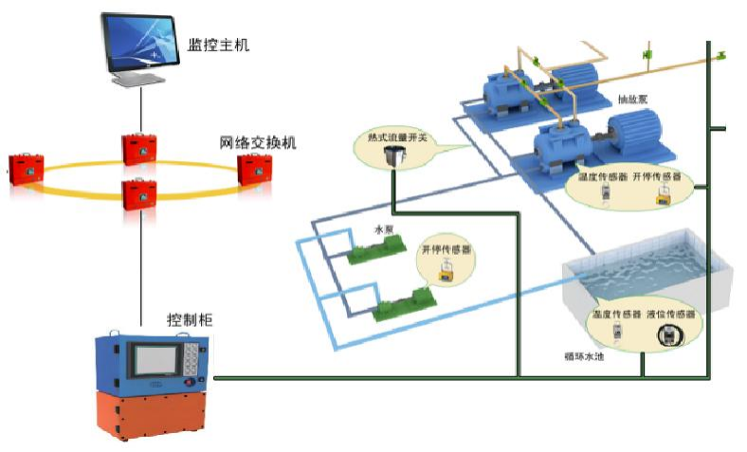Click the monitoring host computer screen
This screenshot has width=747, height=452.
coord(142,44)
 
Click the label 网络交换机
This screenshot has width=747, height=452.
coord(258,143)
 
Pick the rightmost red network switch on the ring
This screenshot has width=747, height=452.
coord(253,169)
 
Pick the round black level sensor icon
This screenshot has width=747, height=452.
coord(669,333)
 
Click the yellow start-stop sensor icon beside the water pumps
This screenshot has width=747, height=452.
coord(445,272)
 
